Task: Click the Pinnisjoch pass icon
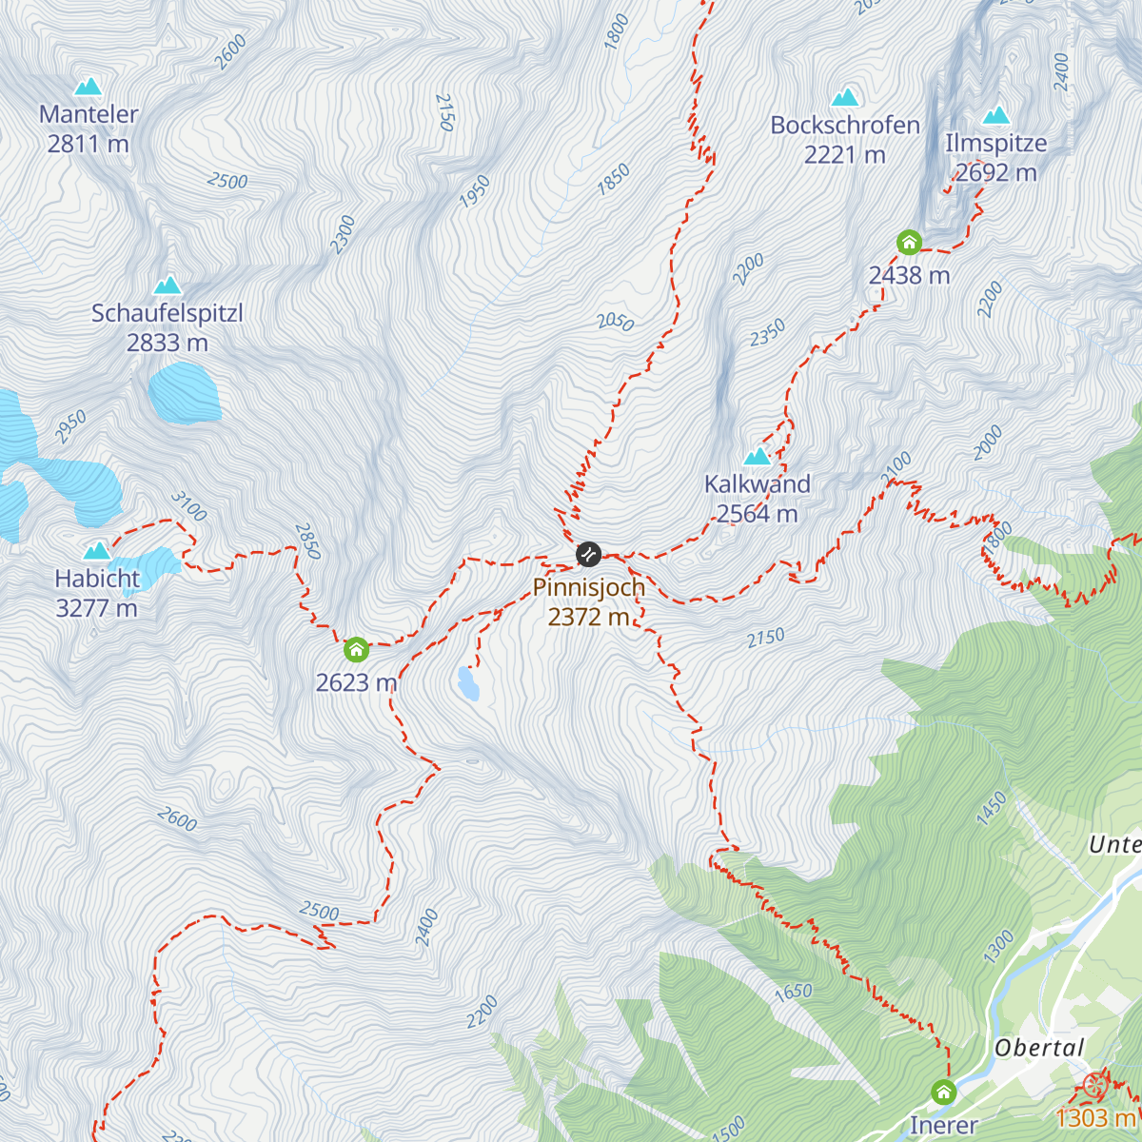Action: coord(588,554)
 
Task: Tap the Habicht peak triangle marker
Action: coord(97,550)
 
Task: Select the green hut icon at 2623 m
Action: coord(356,650)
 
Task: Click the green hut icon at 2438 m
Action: coord(909,243)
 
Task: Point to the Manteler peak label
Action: coord(89,114)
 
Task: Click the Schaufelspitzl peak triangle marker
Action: coord(167,285)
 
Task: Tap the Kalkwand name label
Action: coord(757,483)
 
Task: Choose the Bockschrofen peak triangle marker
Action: coord(845,97)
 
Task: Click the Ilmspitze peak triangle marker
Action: coord(996,115)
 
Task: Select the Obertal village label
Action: coord(1039,1048)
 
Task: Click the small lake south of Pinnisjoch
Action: coord(468,683)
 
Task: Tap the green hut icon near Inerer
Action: coord(943,1092)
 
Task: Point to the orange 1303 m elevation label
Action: coord(1094,1117)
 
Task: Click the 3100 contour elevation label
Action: coord(188,506)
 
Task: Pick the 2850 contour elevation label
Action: coord(307,541)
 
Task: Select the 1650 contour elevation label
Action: coord(793,993)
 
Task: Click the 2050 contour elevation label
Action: coord(615,322)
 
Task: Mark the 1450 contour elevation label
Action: coord(992,808)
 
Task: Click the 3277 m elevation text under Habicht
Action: coord(96,608)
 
